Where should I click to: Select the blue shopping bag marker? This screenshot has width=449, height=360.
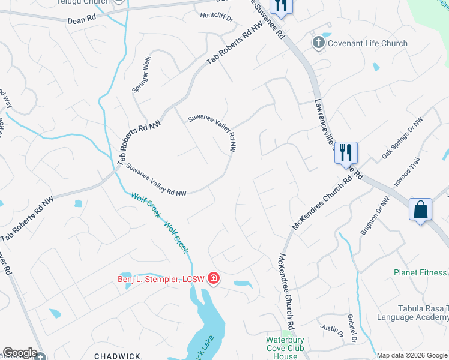421,210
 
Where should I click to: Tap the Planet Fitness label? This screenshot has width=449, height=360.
421,272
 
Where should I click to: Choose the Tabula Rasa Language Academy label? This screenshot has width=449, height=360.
413,311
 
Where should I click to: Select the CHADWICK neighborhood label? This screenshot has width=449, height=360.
117,356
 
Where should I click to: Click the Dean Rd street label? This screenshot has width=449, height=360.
82,19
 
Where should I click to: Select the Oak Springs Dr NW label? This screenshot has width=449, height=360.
402,139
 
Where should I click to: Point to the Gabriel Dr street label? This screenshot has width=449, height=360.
352,332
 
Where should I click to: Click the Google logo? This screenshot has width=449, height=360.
20,353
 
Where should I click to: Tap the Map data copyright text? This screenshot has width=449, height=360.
412,355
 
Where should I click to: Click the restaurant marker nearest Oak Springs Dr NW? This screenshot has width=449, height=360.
345,152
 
